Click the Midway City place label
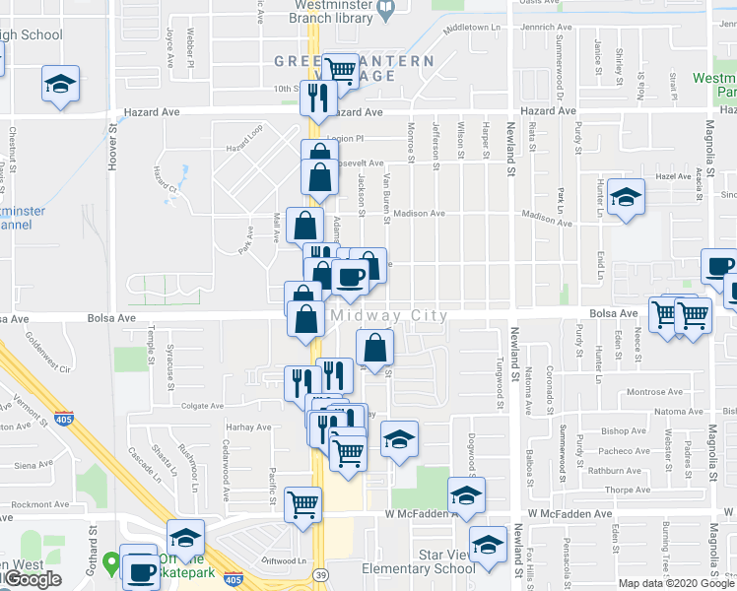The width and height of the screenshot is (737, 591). coord(389,316)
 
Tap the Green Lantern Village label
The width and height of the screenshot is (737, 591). coord(353,68)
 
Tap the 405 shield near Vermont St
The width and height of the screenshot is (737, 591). coord(63,419)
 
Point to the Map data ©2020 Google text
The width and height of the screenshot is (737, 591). coord(675,583)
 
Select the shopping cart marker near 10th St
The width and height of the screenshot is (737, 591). coord(340,70)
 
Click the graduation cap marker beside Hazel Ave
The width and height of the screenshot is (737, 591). coord(626,196)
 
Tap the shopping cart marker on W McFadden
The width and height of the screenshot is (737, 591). coord(302,503)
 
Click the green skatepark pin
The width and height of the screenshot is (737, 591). coord(111,568)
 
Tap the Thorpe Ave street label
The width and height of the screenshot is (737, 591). coord(628,490)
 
